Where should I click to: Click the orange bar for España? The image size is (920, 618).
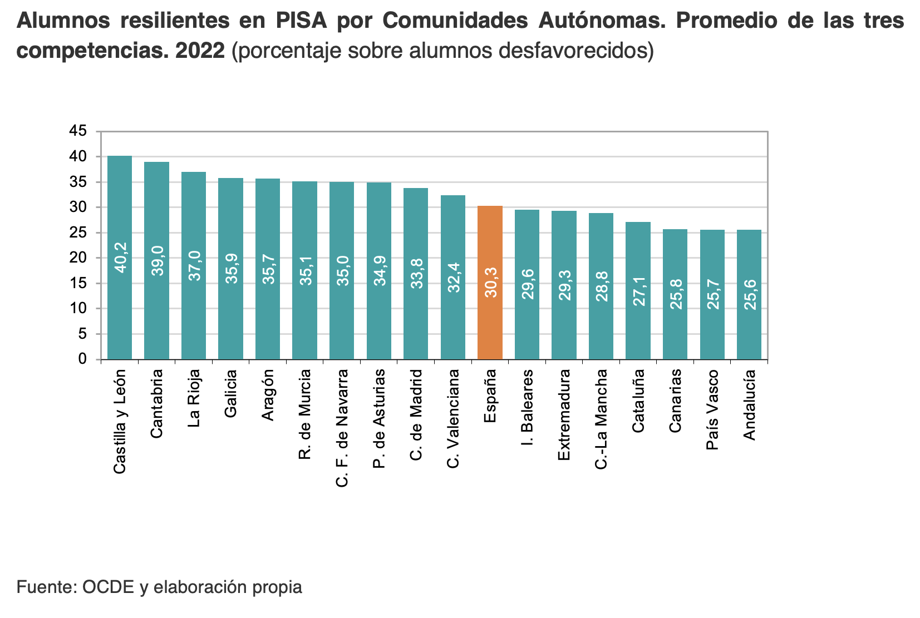click(x=490, y=282)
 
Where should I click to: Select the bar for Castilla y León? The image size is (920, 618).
click(x=120, y=257)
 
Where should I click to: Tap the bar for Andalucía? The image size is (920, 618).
click(x=749, y=294)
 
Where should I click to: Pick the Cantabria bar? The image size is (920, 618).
click(x=156, y=260)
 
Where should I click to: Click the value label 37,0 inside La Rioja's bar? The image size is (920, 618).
click(x=194, y=265)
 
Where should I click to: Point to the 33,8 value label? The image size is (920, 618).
click(x=416, y=273)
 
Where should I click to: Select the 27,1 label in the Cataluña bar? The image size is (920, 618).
click(x=638, y=290)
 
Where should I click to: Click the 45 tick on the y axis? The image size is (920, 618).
click(x=78, y=131)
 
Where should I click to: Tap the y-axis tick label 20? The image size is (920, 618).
click(x=78, y=258)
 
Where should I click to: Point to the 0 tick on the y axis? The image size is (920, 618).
click(x=82, y=359)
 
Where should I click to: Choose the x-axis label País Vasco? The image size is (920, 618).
click(x=712, y=409)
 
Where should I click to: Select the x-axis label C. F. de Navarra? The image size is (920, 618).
click(x=342, y=428)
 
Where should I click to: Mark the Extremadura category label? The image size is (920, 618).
click(x=564, y=414)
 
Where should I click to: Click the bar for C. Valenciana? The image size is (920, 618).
click(x=453, y=277)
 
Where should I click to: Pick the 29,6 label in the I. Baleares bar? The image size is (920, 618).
click(x=527, y=284)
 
